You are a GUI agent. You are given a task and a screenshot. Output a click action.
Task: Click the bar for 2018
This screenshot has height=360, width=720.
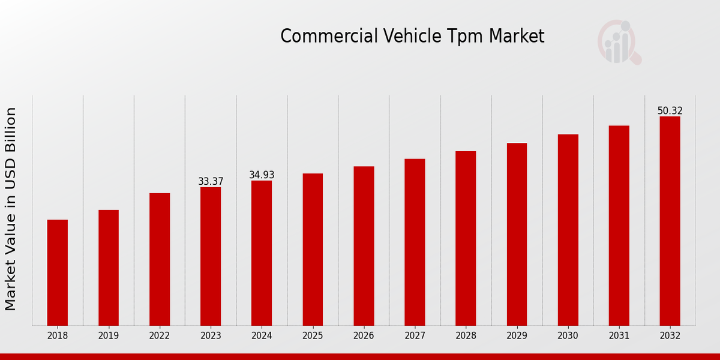(58, 272)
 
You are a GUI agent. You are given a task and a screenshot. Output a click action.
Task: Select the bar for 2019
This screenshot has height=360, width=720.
(109, 268)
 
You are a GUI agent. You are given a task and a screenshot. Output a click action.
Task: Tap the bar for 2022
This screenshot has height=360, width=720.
(160, 259)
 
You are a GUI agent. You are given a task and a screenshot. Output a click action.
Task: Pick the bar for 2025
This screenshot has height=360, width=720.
(313, 250)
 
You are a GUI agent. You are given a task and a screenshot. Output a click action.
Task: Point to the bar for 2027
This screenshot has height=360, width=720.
(415, 242)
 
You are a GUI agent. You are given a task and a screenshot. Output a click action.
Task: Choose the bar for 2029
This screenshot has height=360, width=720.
(517, 234)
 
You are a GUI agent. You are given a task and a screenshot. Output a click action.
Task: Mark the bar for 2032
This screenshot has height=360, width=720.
(670, 221)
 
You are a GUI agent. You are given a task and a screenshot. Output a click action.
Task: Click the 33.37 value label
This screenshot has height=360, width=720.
(211, 181)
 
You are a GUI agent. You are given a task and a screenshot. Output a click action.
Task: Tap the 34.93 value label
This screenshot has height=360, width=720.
(262, 175)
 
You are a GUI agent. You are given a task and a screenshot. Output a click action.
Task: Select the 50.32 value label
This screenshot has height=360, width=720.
(670, 110)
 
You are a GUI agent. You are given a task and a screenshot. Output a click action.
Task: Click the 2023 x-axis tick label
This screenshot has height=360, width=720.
(211, 335)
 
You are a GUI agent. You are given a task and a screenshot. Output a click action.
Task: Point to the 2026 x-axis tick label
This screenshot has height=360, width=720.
(364, 335)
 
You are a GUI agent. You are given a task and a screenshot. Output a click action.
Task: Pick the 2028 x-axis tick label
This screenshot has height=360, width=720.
(466, 335)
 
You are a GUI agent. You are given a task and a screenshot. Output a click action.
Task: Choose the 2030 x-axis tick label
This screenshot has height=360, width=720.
(568, 335)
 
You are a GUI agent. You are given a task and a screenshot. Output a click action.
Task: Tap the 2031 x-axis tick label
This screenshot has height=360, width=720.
(619, 335)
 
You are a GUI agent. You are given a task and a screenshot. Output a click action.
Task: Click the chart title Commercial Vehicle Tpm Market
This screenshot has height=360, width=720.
(412, 37)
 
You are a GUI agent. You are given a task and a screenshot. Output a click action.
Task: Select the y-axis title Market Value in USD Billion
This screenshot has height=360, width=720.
(11, 209)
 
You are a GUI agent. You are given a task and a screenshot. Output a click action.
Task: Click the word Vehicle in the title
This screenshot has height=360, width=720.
(394, 37)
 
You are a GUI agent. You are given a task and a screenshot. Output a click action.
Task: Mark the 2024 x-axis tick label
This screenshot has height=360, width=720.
(262, 335)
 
